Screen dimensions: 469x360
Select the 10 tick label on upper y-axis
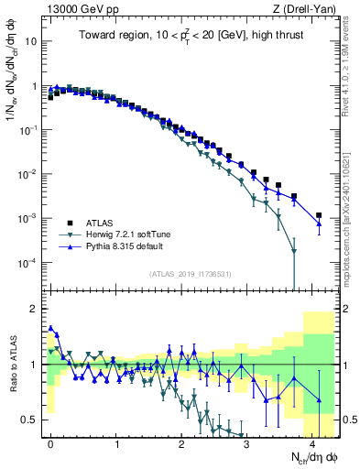(32, 41)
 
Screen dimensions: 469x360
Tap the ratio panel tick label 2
(35, 308)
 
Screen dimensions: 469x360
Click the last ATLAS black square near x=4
(319, 215)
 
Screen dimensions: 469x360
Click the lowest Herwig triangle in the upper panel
(293, 251)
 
